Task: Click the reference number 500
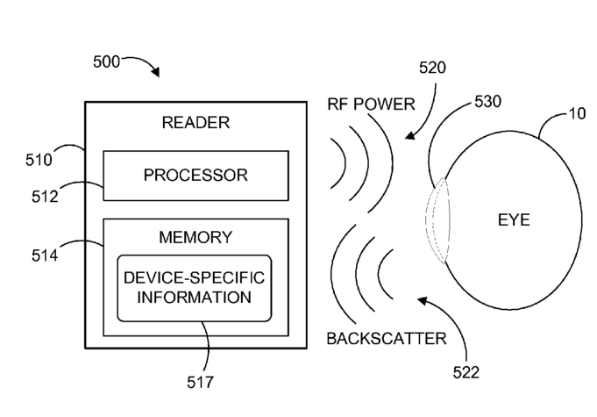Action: tap(106, 61)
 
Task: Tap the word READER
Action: tap(195, 123)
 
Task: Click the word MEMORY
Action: tap(195, 237)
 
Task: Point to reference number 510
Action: tap(39, 160)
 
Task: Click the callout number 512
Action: tap(45, 197)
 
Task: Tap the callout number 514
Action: tap(45, 255)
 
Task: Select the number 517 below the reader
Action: tap(200, 382)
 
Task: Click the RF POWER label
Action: tap(371, 104)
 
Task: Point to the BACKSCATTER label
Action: tap(387, 339)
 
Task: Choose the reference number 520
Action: tap(432, 68)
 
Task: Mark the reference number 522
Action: tap(466, 372)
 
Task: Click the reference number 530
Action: tap(487, 102)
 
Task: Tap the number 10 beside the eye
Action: tap(577, 113)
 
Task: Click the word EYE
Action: tap(514, 220)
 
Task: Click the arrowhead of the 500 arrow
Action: tap(156, 72)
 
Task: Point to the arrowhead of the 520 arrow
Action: tap(409, 135)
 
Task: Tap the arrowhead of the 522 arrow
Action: tap(423, 300)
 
